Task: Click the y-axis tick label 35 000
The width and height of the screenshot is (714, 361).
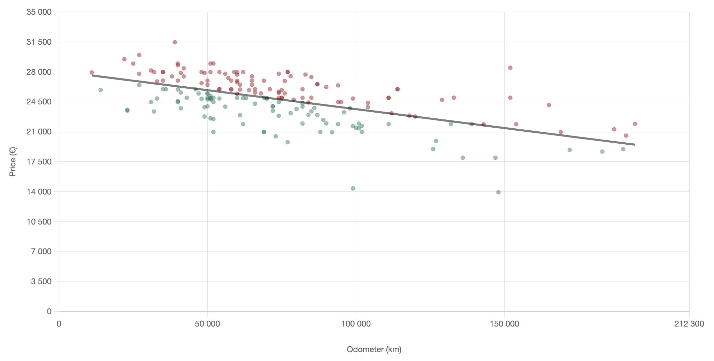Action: tap(39, 12)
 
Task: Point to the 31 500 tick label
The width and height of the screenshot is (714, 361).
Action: tap(39, 42)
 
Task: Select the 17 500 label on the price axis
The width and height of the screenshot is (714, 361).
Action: tap(39, 162)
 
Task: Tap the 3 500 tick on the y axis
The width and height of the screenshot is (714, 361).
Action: tap(41, 281)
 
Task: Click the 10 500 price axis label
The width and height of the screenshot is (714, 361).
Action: tap(39, 222)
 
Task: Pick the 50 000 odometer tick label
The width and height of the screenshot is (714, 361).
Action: tap(207, 324)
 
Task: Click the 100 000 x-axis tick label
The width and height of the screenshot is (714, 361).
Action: tap(356, 324)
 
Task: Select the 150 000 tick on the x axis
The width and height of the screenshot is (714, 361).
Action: tap(504, 324)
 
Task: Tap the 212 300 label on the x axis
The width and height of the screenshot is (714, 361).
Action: tap(689, 324)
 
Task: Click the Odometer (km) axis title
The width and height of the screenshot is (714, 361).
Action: tap(374, 349)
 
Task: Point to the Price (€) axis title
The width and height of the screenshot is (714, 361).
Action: tap(13, 162)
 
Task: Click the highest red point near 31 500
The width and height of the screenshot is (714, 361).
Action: tap(175, 42)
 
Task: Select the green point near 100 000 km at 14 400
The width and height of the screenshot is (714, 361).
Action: tap(353, 188)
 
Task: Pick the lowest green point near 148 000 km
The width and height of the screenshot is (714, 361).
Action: tap(498, 192)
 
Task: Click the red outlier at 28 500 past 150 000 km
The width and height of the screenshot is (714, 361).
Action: tap(510, 68)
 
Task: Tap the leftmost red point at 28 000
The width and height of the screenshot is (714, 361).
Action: tap(91, 72)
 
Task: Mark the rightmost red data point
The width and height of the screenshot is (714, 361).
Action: tap(635, 124)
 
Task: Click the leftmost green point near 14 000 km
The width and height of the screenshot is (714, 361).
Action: tap(101, 90)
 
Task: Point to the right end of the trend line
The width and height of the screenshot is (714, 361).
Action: tap(635, 145)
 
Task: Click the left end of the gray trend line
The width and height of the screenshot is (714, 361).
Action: tap(92, 75)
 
